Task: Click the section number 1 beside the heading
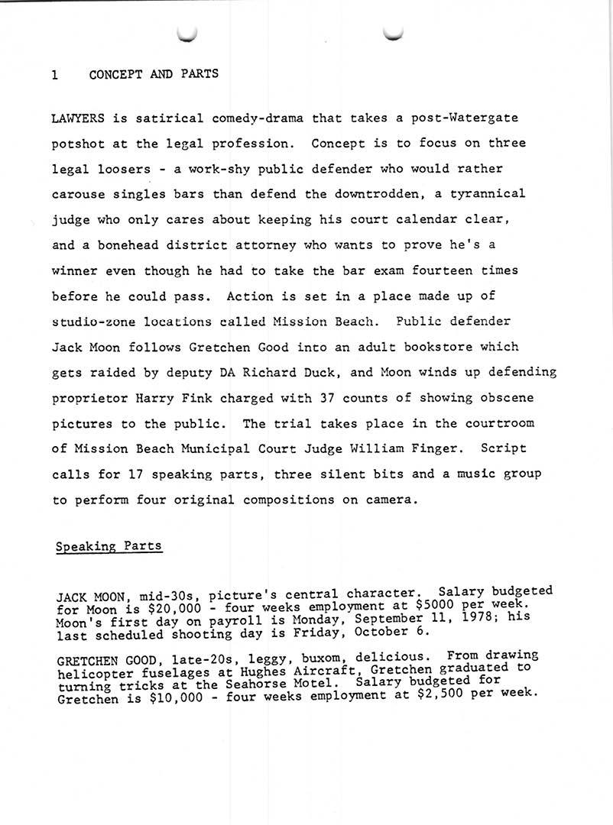click(55, 74)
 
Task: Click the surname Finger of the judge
click(430, 448)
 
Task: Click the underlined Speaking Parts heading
click(109, 546)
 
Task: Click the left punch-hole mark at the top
click(186, 33)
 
